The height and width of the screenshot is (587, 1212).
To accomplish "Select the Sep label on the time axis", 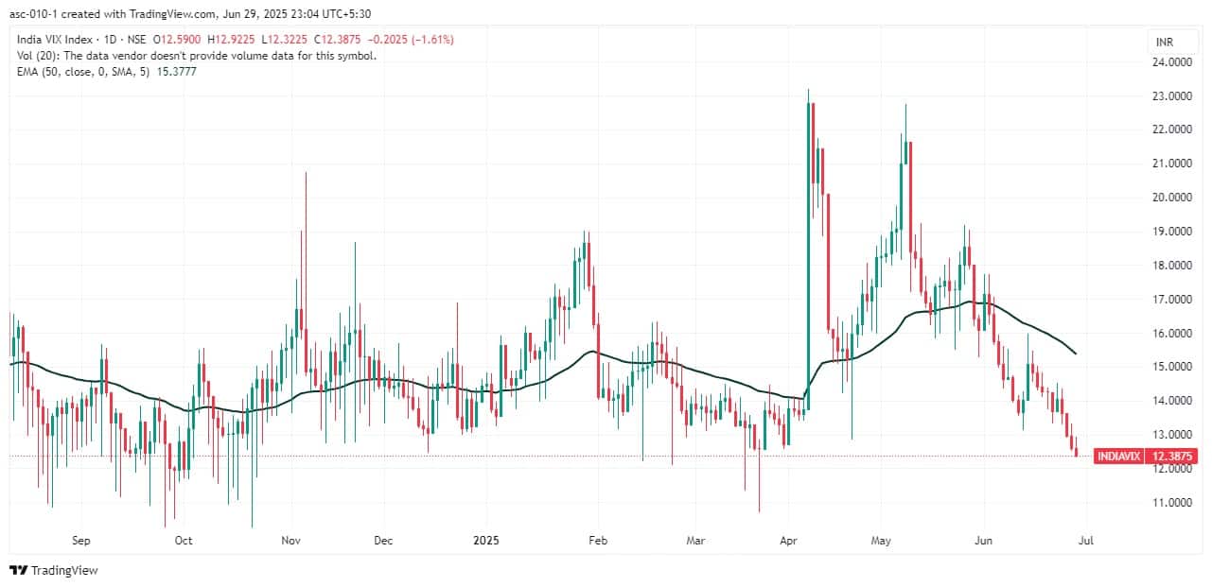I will [x=80, y=542].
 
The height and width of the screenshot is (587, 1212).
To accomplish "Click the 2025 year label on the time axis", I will [x=486, y=542].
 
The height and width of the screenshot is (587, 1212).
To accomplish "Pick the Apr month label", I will [x=787, y=542].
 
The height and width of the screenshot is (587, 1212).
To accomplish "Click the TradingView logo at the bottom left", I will [x=54, y=570].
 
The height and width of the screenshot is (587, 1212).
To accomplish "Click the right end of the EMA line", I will [x=1077, y=354].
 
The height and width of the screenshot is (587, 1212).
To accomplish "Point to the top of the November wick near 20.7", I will [x=305, y=173].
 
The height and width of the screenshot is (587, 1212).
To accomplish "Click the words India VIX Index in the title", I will [x=56, y=40].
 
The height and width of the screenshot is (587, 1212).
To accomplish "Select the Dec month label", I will [x=383, y=542].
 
